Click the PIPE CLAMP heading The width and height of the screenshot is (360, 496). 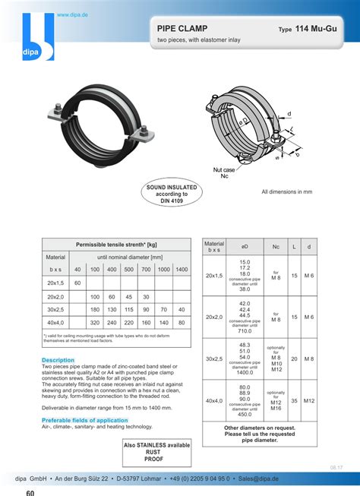pos(182,28)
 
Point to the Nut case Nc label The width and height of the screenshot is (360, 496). pos(224,172)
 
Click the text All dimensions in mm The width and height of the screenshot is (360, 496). pos(286,192)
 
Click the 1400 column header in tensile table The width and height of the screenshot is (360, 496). pos(182,270)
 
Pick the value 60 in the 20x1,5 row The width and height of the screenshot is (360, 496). pos(77,283)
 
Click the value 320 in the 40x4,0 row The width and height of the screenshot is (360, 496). pos(95,323)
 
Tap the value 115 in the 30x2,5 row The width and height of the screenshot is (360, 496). pos(129,310)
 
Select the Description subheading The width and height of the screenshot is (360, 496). pos(58,359)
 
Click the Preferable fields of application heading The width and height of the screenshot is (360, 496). pos(85,420)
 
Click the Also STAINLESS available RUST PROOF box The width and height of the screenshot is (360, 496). pos(157,452)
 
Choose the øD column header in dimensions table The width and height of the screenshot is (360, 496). pos(245,247)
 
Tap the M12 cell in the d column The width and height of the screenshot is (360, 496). pos(308,400)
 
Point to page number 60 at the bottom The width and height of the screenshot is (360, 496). pos(30,491)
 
